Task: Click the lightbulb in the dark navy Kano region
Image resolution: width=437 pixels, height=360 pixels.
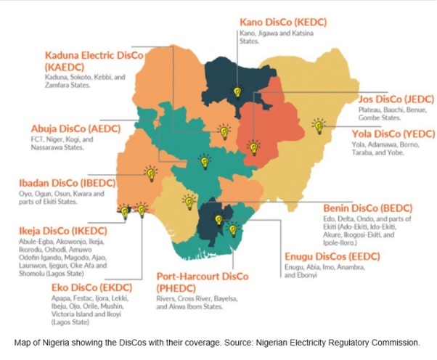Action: [x=236, y=92]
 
